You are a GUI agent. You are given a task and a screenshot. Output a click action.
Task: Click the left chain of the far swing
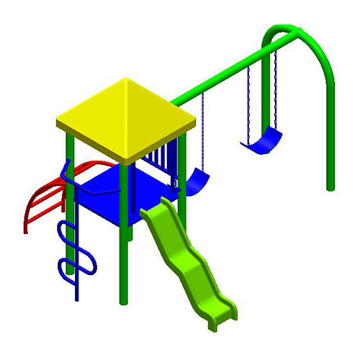[x=249, y=101]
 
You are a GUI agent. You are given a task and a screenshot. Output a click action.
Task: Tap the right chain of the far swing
[x=274, y=86]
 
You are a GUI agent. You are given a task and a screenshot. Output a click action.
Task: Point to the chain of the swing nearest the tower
[x=202, y=130]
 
